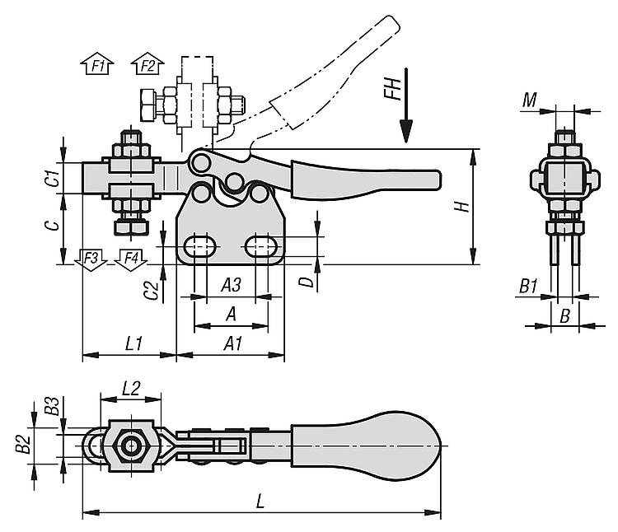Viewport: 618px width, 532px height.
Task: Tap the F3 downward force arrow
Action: pos(91,260)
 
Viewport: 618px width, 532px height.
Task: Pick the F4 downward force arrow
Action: pos(131,260)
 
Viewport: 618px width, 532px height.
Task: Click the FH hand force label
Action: pos(393,89)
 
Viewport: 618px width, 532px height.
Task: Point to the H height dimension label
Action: pos(462,207)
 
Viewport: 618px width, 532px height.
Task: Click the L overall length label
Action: pos(260,502)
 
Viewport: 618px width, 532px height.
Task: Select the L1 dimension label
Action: pos(133,344)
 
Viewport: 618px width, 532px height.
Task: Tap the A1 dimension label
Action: pos(232,344)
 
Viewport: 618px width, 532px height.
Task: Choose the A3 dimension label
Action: pos(231,285)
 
